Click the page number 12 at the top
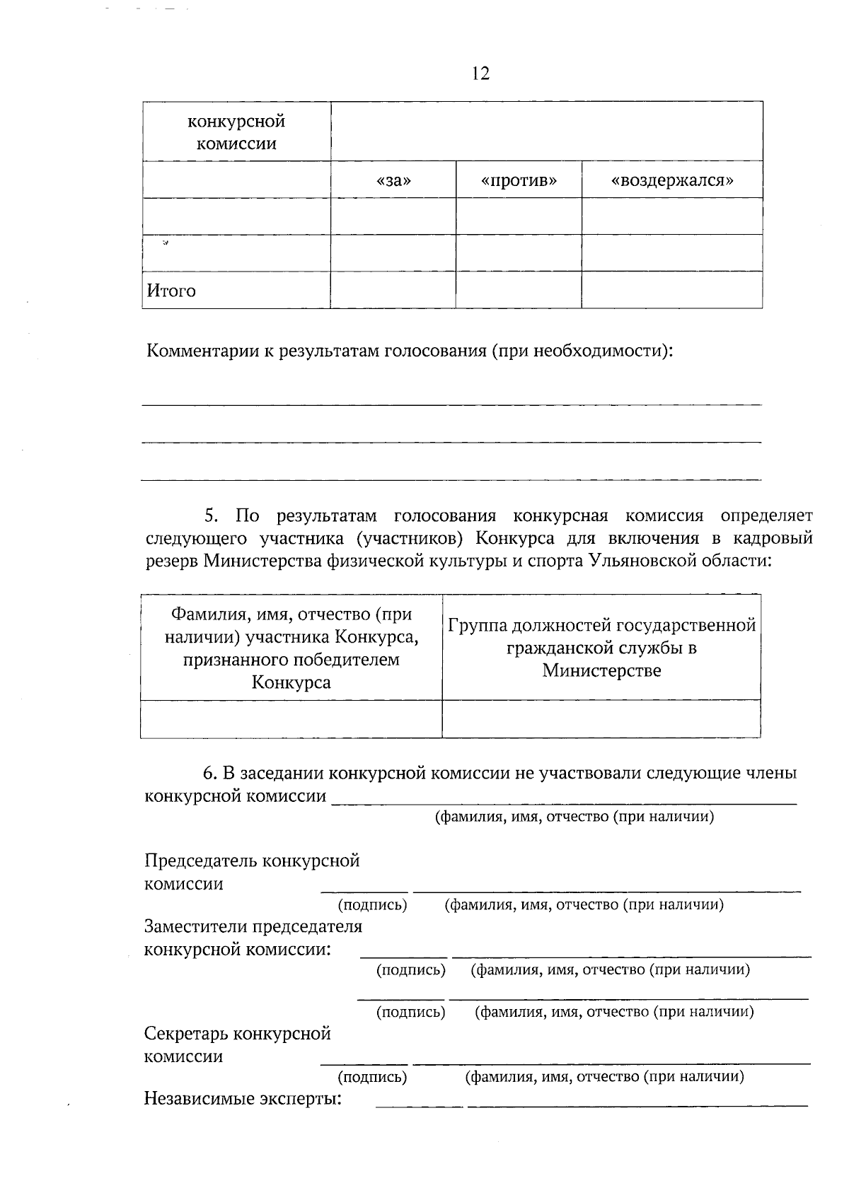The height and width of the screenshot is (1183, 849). (x=480, y=74)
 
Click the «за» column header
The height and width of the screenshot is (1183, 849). (x=393, y=180)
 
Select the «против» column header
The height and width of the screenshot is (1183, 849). (x=519, y=180)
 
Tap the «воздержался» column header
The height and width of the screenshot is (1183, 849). (x=671, y=180)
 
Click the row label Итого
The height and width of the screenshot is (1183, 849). (x=171, y=291)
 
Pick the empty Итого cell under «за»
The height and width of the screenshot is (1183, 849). (x=393, y=290)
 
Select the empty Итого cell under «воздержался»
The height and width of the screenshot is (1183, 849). (x=671, y=290)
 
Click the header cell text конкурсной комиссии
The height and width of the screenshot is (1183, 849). (x=236, y=132)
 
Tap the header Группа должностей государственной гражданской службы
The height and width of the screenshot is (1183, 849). (x=601, y=636)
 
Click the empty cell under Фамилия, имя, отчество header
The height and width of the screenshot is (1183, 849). (x=291, y=718)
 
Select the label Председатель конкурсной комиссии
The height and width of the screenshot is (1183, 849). (x=252, y=872)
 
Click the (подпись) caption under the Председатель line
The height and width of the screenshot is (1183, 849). (x=372, y=904)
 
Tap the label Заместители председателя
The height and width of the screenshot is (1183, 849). (x=253, y=926)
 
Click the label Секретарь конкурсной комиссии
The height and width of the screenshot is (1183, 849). (x=238, y=1044)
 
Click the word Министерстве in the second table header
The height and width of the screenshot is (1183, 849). (x=601, y=670)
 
